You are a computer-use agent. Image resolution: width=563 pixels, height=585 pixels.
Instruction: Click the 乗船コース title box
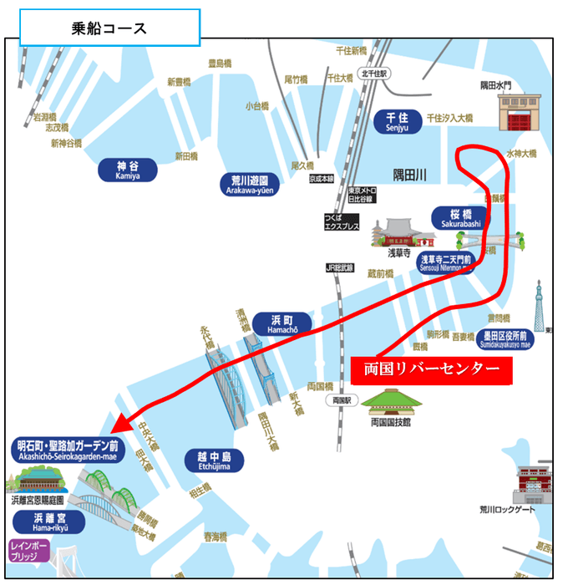pyautogui.click(x=109, y=28)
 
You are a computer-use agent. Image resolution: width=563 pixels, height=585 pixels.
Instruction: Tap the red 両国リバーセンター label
pyautogui.click(x=431, y=369)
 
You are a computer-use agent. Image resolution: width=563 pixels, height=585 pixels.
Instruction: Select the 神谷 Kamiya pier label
pyautogui.click(x=128, y=170)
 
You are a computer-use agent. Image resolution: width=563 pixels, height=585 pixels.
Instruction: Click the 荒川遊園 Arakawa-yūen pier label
pyautogui.click(x=249, y=184)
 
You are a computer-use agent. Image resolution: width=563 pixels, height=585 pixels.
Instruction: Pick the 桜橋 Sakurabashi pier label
pyautogui.click(x=457, y=218)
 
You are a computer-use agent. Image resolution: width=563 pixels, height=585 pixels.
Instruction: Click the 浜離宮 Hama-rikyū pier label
pyautogui.click(x=48, y=521)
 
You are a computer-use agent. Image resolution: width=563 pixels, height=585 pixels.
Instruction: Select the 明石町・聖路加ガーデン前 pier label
pyautogui.click(x=68, y=450)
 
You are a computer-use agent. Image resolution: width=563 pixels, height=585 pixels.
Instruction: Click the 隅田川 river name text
pyautogui.click(x=410, y=173)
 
